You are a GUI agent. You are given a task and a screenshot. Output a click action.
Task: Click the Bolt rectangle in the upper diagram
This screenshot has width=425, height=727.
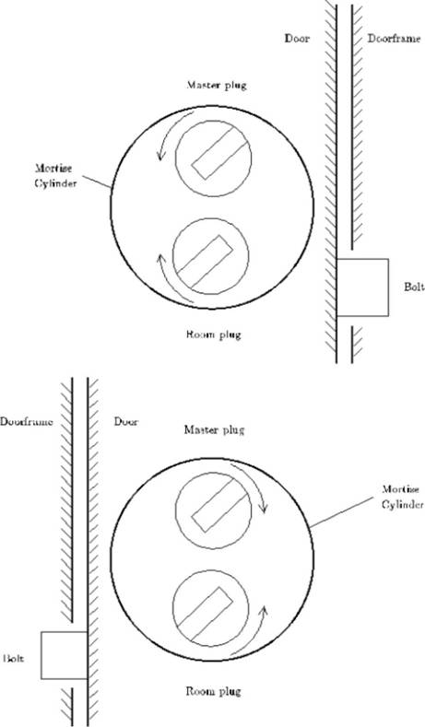[362, 287]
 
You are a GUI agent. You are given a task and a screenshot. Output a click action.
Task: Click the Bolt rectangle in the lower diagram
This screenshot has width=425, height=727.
[64, 655]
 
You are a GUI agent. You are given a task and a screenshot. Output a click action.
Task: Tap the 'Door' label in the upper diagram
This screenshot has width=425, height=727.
[297, 39]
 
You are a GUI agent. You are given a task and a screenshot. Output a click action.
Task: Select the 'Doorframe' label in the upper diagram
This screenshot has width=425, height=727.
[395, 39]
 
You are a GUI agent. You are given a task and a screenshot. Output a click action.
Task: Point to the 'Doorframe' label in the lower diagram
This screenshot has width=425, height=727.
[27, 422]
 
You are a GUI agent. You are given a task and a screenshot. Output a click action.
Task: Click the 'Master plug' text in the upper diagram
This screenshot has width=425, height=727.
[217, 86]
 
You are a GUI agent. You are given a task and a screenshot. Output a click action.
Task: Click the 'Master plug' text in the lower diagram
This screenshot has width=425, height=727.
[214, 430]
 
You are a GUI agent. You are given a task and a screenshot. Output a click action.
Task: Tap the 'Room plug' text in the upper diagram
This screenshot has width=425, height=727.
[214, 334]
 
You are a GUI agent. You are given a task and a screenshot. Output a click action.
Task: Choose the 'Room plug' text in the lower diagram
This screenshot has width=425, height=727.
[214, 692]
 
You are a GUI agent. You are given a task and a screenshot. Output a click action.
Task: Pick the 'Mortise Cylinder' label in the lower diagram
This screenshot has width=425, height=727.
[402, 497]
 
